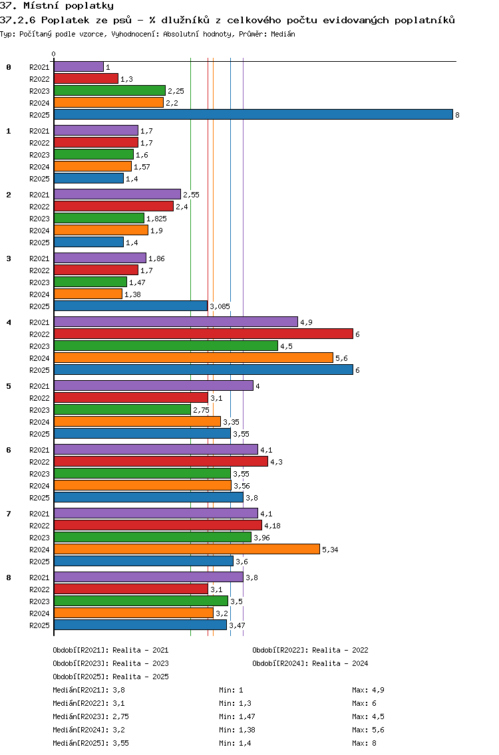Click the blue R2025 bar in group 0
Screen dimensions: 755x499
(x=253, y=114)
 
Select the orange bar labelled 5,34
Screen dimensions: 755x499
(x=186, y=549)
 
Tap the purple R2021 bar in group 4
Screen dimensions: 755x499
(x=176, y=322)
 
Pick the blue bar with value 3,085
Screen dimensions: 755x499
(x=130, y=306)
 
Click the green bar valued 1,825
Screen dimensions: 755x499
(x=98, y=218)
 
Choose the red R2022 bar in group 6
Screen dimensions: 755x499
(x=160, y=461)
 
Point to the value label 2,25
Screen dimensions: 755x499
(x=176, y=91)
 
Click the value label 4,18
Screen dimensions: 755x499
(x=272, y=526)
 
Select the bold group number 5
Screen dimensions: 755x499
(x=9, y=386)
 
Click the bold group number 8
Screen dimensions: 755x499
(x=9, y=578)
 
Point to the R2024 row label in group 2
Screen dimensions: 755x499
(x=39, y=231)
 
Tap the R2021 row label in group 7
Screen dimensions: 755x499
(x=39, y=514)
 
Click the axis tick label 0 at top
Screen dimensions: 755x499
(x=54, y=54)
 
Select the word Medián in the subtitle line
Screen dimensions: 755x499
(x=283, y=33)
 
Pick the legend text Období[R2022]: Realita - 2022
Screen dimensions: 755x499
(x=310, y=651)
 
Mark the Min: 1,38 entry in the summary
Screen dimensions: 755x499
(x=237, y=730)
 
